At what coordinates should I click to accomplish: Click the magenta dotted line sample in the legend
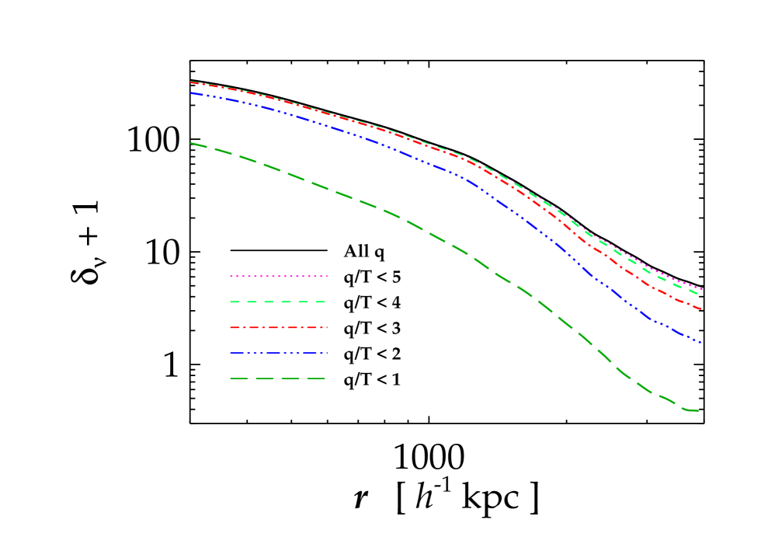[278, 276]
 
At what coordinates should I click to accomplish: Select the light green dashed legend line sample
[278, 302]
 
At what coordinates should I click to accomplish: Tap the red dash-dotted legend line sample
[278, 328]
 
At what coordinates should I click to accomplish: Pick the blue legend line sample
[278, 354]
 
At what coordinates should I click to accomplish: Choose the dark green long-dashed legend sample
[278, 378]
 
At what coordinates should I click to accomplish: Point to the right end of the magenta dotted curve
[702, 289]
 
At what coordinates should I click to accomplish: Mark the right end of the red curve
[701, 309]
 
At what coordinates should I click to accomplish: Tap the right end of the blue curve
[701, 343]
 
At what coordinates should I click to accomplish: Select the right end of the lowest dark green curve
[698, 410]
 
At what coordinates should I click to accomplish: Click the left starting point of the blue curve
[191, 93]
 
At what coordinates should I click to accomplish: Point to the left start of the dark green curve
[191, 143]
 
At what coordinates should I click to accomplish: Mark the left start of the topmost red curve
[191, 82]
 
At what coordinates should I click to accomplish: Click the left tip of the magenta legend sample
[231, 276]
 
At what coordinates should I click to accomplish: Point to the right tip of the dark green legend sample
[325, 378]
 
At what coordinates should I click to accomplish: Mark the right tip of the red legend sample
[327, 328]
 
